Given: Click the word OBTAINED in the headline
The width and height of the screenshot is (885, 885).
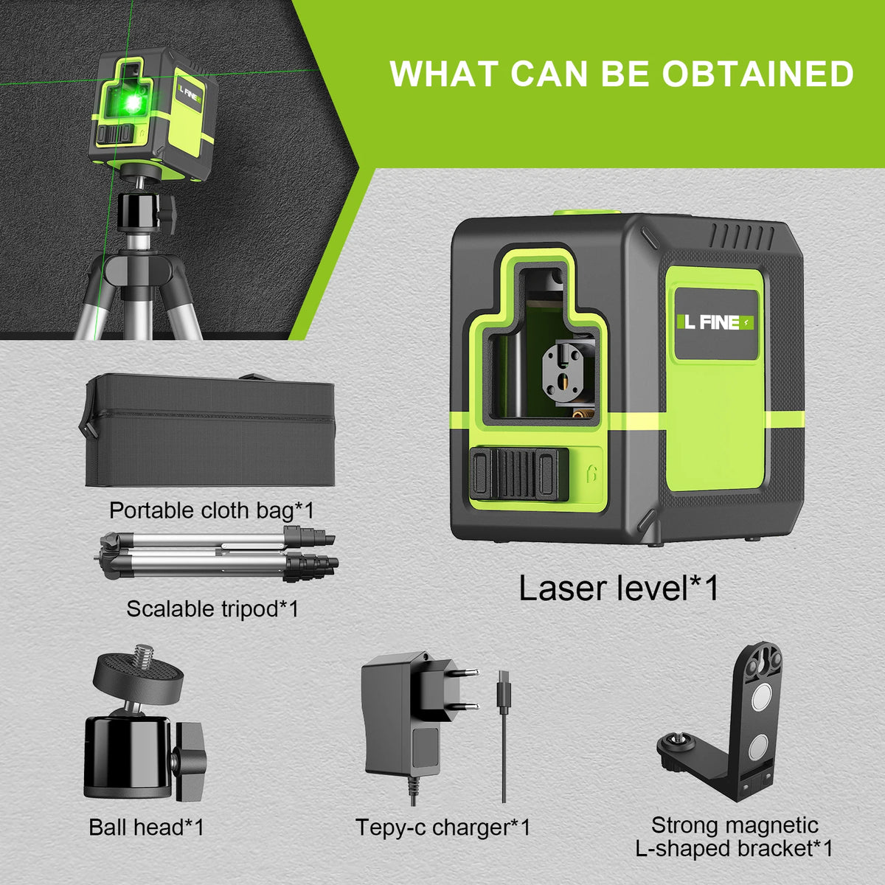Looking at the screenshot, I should (758, 74).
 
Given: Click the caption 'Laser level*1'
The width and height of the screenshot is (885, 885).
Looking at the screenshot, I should (619, 589).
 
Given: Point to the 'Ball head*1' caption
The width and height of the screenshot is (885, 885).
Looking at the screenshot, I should (146, 827).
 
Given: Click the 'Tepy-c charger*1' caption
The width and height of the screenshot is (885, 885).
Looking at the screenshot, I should (442, 827).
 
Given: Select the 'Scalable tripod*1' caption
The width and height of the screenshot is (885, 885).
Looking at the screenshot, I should (212, 608).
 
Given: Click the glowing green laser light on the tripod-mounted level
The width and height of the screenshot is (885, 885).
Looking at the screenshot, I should (133, 104).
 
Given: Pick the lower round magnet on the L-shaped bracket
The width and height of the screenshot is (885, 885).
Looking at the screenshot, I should (760, 751).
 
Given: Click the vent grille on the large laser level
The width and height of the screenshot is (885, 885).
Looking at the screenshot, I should (742, 237).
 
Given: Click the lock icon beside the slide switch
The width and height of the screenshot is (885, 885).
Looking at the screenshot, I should (591, 473).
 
